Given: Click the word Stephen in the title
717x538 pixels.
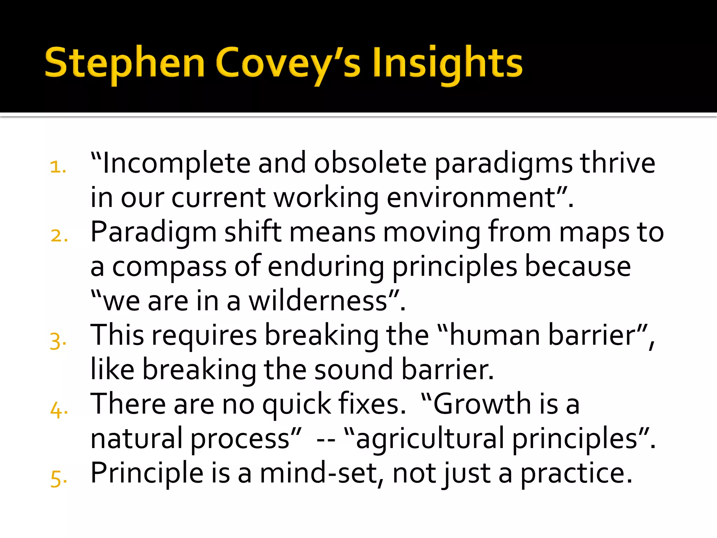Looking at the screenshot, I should point(125,63).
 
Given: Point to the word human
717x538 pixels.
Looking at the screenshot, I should point(495,335).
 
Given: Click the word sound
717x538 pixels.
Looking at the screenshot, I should point(354,370).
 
